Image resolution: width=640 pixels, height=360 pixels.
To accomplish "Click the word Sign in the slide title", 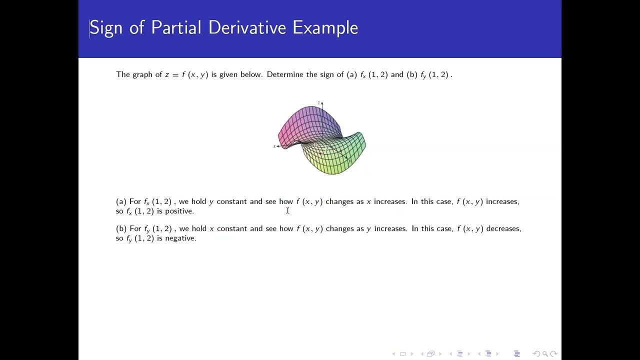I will [x=106, y=27].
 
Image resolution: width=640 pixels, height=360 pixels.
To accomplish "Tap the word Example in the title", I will [x=325, y=27].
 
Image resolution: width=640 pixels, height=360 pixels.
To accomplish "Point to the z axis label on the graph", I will [x=318, y=103].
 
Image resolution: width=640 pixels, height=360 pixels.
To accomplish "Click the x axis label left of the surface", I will [x=274, y=146].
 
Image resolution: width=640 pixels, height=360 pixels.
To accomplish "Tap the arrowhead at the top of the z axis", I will [x=322, y=103].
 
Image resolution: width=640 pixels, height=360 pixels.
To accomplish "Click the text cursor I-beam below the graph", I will [x=287, y=211].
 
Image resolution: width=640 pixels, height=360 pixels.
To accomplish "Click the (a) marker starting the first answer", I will [x=121, y=201].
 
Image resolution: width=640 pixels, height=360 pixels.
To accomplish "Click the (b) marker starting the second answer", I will [x=121, y=228].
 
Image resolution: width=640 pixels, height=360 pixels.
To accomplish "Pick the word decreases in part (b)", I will [x=503, y=228].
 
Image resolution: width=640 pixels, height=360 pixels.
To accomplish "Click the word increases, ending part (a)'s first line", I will [x=502, y=201].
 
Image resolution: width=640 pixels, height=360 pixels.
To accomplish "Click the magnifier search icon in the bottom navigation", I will [x=545, y=354].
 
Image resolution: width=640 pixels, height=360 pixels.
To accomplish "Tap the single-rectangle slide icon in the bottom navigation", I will [x=402, y=354].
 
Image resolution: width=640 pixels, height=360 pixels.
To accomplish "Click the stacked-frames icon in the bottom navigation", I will [x=430, y=354].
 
